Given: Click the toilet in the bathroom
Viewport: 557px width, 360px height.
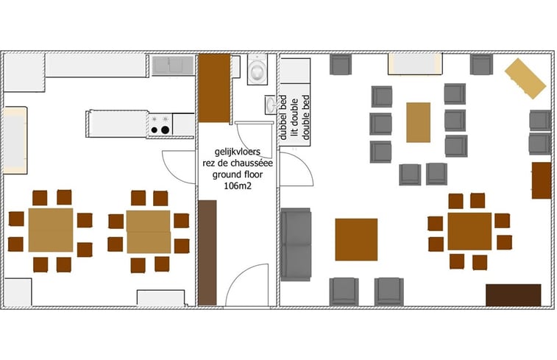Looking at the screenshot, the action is pyautogui.click(x=257, y=69).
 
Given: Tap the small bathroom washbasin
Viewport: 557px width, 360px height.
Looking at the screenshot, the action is pyautogui.click(x=270, y=105).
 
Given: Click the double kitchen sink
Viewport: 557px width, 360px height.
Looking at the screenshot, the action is pyautogui.click(x=173, y=65).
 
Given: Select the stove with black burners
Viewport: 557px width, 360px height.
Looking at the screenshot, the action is pyautogui.click(x=160, y=124).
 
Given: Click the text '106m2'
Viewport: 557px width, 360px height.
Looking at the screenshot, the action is pyautogui.click(x=238, y=186).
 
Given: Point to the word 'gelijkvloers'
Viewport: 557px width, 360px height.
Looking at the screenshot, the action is pyautogui.click(x=237, y=152).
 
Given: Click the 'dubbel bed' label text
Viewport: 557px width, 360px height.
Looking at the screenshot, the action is pyautogui.click(x=283, y=117).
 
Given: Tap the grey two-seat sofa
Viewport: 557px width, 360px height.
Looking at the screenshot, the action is pyautogui.click(x=296, y=244).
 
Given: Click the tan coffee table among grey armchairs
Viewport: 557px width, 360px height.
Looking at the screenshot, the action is pyautogui.click(x=418, y=122).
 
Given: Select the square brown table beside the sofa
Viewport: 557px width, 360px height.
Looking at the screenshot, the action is pyautogui.click(x=356, y=239).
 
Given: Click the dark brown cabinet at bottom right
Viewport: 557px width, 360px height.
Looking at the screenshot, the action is pyautogui.click(x=514, y=295).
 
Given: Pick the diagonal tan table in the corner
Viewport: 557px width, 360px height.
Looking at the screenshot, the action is pyautogui.click(x=525, y=79).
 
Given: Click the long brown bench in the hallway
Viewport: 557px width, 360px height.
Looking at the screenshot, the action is pyautogui.click(x=207, y=253).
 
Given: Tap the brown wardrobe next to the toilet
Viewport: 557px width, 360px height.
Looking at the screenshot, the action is pyautogui.click(x=214, y=88).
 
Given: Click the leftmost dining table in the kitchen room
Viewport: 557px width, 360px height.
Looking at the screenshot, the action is pyautogui.click(x=51, y=230).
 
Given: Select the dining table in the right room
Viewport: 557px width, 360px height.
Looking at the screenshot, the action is pyautogui.click(x=469, y=231).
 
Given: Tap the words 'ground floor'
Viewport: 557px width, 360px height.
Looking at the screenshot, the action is pyautogui.click(x=238, y=174).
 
